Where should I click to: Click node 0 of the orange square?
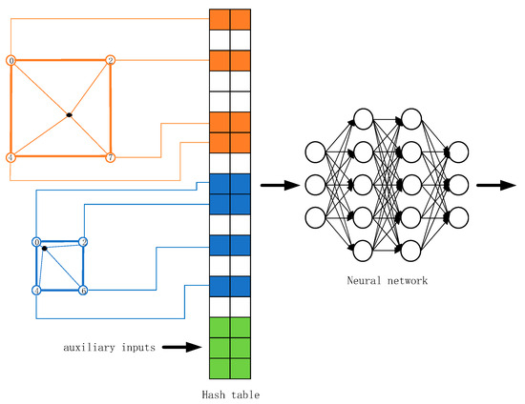pyautogui.click(x=11, y=61)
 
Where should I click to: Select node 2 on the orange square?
pyautogui.click(x=111, y=61)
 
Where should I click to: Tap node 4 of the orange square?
pyautogui.click(x=11, y=156)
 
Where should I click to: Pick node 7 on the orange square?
pyautogui.click(x=111, y=156)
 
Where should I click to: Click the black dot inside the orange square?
pyautogui.click(x=69, y=116)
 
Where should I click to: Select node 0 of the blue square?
pyautogui.click(x=36, y=243)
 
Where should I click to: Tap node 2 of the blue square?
pyautogui.click(x=83, y=243)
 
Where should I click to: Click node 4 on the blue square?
pyautogui.click(x=36, y=290)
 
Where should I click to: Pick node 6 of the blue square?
pyautogui.click(x=83, y=290)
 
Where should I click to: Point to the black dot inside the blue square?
pyautogui.click(x=45, y=250)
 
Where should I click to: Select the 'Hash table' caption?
pyautogui.click(x=230, y=393)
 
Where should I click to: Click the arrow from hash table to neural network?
pyautogui.click(x=278, y=184)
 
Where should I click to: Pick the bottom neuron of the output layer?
pyautogui.click(x=458, y=216)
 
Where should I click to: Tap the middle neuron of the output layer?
pyautogui.click(x=458, y=184)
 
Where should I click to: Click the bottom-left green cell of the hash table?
pyautogui.click(x=220, y=369)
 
